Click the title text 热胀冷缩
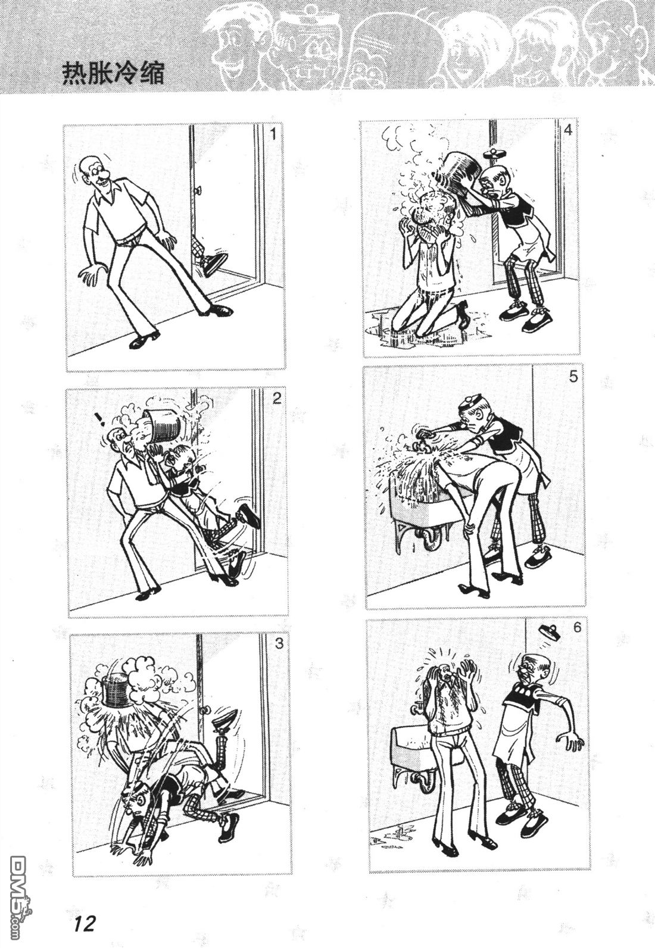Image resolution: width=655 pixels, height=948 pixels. click(x=113, y=74)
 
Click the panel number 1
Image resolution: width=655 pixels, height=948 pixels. click(x=272, y=134)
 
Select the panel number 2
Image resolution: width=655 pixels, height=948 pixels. click(x=276, y=399)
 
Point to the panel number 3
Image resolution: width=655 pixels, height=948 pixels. click(x=278, y=643)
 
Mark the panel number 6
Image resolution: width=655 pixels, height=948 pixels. click(x=576, y=627)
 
